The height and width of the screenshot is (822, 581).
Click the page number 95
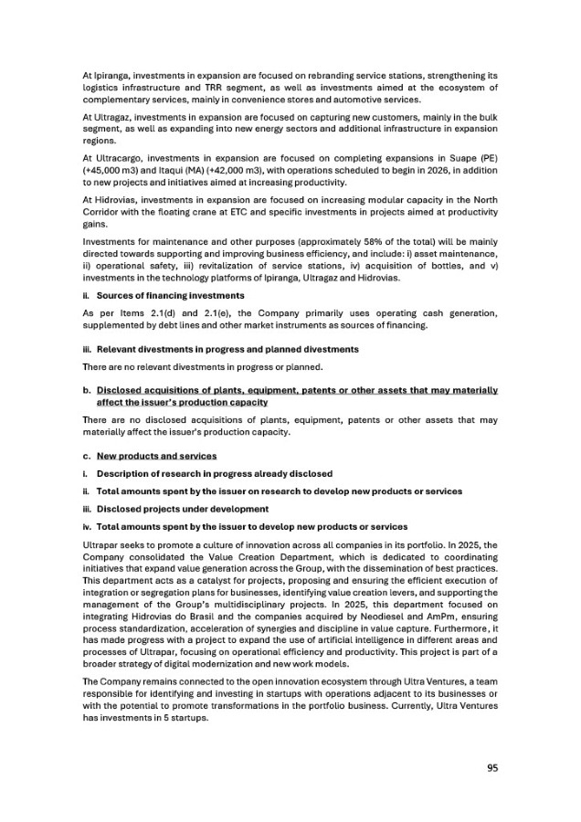pyautogui.click(x=491, y=768)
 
